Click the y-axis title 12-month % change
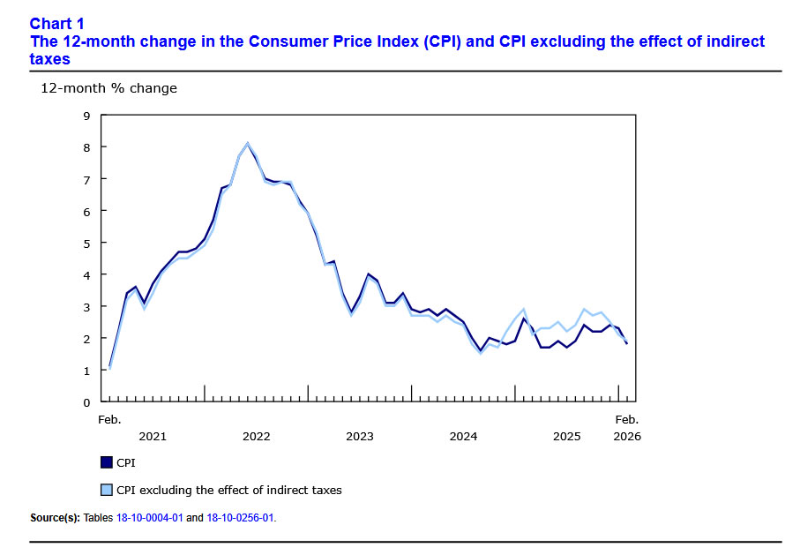[x=108, y=88]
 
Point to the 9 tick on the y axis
[x=86, y=116]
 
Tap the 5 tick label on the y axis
[x=86, y=243]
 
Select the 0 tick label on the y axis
[x=86, y=402]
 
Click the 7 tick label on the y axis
[x=86, y=179]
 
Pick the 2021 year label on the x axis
[x=153, y=436]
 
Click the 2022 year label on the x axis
[x=256, y=436]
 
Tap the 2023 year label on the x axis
[x=359, y=436]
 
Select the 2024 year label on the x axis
[x=463, y=436]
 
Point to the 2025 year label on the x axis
[x=566, y=436]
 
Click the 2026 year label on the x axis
[x=627, y=436]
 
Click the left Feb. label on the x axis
[x=109, y=420]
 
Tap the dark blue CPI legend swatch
[x=107, y=461]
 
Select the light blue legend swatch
[x=107, y=490]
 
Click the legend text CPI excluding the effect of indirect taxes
[x=229, y=490]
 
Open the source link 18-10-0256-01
[x=240, y=518]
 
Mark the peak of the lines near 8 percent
[x=248, y=143]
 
